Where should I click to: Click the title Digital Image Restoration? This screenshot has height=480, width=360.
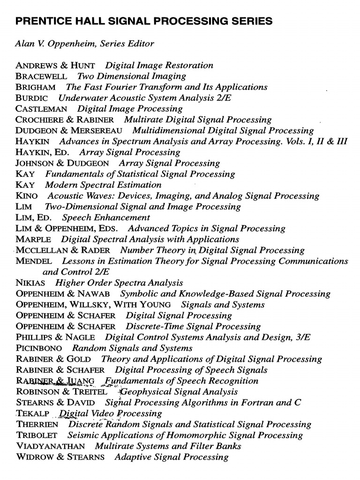pos(159,65)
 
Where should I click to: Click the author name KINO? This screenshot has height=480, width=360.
pos(26,196)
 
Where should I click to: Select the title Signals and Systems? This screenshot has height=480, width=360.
pos(216,305)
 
